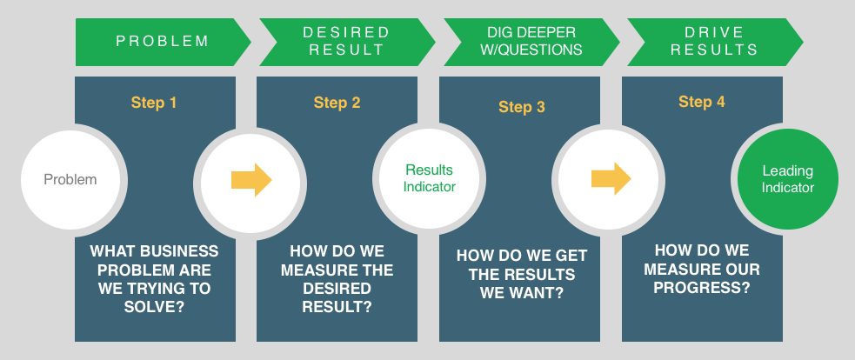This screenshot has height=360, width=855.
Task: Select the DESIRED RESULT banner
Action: pyautogui.click(x=346, y=41)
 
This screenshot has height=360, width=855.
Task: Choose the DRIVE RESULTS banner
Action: pyautogui.click(x=714, y=41)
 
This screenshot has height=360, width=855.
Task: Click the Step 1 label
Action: pyautogui.click(x=154, y=103)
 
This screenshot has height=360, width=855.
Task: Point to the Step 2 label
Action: pyautogui.click(x=337, y=103)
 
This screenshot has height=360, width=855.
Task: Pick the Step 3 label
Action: pyautogui.click(x=522, y=107)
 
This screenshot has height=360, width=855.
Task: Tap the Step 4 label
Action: pyautogui.click(x=702, y=102)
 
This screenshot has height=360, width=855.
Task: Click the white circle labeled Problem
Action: pyautogui.click(x=70, y=180)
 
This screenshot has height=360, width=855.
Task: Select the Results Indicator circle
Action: pyautogui.click(x=430, y=178)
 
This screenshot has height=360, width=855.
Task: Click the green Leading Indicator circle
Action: pyautogui.click(x=788, y=179)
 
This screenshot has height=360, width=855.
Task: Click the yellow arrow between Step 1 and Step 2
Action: pyautogui.click(x=251, y=180)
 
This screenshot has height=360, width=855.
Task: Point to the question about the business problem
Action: pyautogui.click(x=154, y=278)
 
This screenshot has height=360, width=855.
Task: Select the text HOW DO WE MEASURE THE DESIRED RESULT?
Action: pyautogui.click(x=337, y=278)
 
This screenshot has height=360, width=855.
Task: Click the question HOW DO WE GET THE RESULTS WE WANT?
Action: pyautogui.click(x=522, y=274)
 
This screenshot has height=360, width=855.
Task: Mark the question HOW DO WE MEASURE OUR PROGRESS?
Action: pyautogui.click(x=702, y=268)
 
